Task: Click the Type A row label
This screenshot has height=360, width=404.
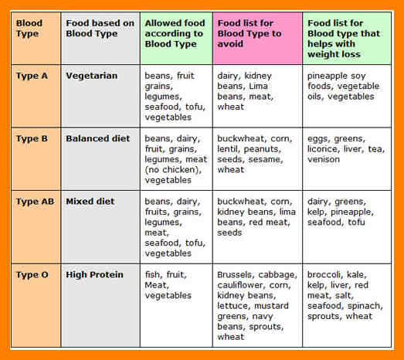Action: [x=32, y=76]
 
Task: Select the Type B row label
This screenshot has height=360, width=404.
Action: [x=32, y=138]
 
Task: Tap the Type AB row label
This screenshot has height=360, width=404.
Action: [x=36, y=202]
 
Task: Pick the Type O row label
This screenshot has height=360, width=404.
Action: [x=32, y=275]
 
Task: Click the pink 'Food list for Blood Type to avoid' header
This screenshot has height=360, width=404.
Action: [x=250, y=33]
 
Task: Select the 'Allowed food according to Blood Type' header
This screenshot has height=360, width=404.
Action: [x=175, y=33]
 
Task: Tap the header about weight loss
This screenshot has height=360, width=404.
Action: [x=344, y=39]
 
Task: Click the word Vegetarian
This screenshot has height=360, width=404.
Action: [x=92, y=76]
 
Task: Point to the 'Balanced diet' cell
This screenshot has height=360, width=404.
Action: [x=98, y=138]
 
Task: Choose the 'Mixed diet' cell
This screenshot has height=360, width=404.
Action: [x=90, y=202]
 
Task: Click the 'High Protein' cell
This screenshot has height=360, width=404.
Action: [x=94, y=275]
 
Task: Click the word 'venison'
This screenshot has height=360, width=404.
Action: [x=324, y=159]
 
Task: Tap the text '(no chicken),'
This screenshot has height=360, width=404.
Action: [x=173, y=170]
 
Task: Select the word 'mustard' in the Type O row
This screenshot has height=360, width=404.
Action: [x=272, y=306]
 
